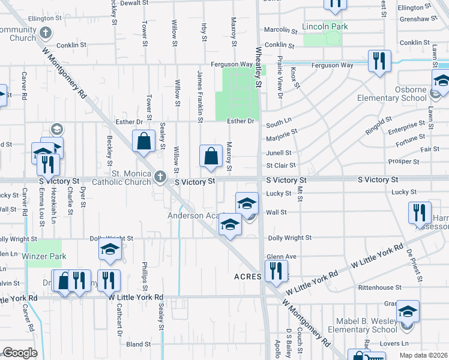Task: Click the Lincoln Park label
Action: [x=325, y=27]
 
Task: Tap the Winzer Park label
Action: [x=44, y=256]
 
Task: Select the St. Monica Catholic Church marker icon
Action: [x=159, y=177]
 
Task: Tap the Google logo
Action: [x=20, y=353]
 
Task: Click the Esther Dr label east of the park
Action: [x=241, y=121]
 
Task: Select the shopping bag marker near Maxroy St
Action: [x=211, y=157]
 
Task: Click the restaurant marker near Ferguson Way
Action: [x=379, y=61]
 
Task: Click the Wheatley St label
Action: [x=259, y=68]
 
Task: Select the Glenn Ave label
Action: [x=282, y=256]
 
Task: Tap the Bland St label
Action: [x=138, y=344]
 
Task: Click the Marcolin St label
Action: [x=281, y=29]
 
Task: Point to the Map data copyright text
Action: [x=423, y=355]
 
